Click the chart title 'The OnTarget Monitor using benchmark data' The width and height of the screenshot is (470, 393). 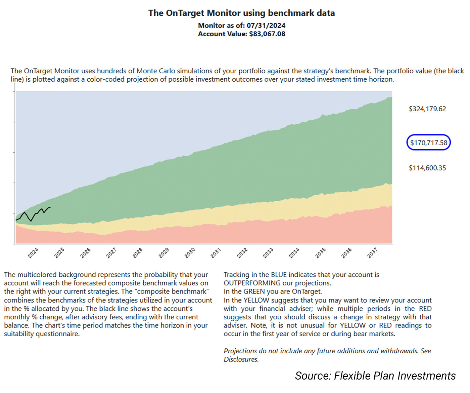241,13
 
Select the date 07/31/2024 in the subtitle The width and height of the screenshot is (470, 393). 266,26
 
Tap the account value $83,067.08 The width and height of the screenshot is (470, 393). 267,34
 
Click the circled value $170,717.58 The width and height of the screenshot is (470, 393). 428,143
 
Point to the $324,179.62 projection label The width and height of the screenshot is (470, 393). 427,109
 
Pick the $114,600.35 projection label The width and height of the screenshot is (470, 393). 427,168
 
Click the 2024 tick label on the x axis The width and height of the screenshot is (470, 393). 33,253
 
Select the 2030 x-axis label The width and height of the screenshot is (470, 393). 190,253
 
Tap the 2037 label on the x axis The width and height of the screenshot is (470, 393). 372,253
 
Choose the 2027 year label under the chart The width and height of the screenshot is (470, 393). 111,253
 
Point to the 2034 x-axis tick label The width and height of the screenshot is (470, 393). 294,253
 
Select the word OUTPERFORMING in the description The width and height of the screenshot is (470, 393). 252,283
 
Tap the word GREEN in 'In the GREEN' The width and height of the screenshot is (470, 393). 254,291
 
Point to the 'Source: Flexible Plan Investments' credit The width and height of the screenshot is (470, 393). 375,376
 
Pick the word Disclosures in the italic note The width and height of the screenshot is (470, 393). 241,359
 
